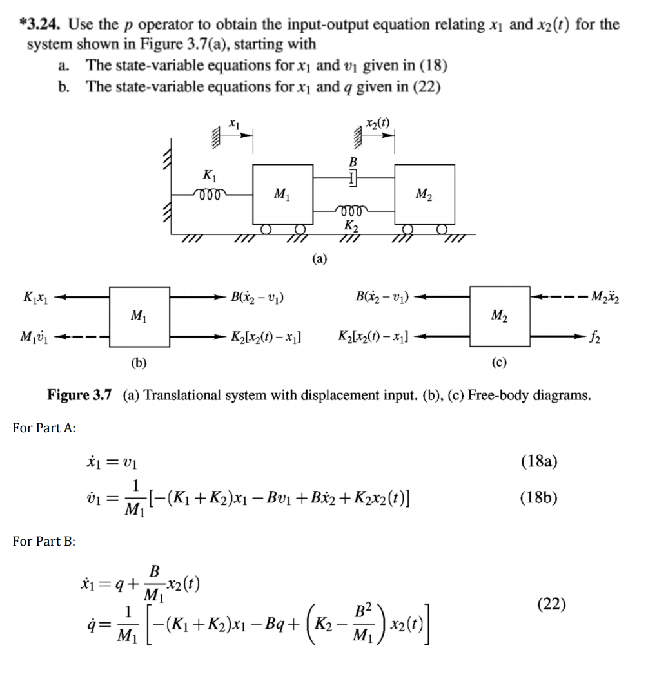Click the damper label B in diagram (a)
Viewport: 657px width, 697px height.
pyautogui.click(x=353, y=160)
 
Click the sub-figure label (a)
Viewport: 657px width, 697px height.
pyautogui.click(x=319, y=259)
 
